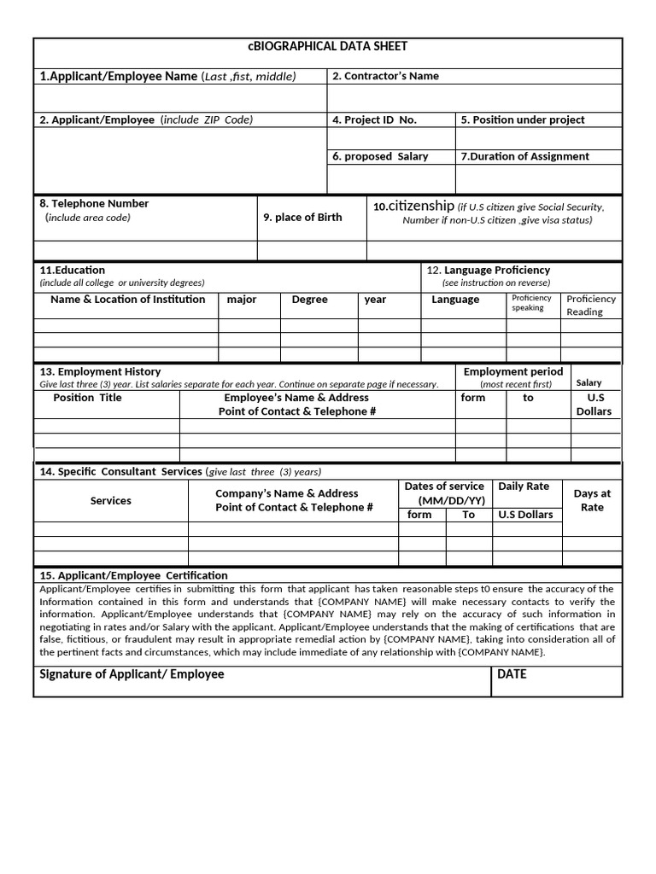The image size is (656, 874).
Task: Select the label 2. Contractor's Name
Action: [385, 76]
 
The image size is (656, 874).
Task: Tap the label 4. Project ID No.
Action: [374, 120]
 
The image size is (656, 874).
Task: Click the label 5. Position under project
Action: [522, 120]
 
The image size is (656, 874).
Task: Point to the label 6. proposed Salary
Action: [380, 157]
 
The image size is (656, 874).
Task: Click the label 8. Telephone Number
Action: [94, 204]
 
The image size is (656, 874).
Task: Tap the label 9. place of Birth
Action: [302, 218]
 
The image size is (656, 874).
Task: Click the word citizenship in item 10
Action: [421, 206]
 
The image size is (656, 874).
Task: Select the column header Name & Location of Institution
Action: [128, 300]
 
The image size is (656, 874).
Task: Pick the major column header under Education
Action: [242, 300]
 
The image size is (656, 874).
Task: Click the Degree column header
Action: [309, 300]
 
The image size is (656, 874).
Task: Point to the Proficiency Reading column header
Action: [590, 306]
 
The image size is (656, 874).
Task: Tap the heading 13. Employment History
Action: [100, 372]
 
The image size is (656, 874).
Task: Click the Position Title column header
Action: [87, 398]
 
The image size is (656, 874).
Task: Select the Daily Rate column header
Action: [524, 487]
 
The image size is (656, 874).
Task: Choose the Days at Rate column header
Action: [592, 500]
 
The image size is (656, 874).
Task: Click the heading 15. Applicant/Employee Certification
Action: [134, 575]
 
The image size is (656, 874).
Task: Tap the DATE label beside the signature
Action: [512, 674]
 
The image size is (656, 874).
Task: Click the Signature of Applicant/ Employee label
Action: [132, 674]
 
